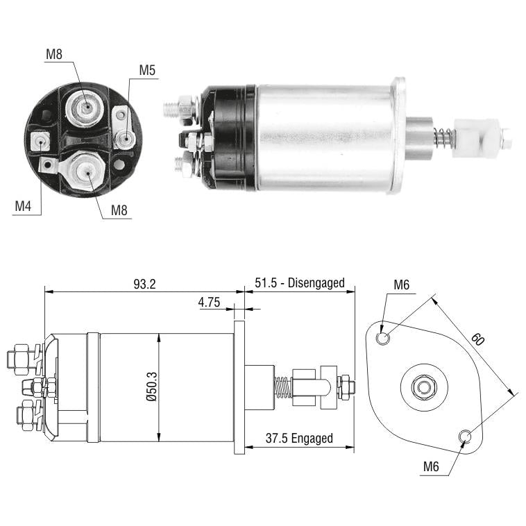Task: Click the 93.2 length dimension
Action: [144, 284]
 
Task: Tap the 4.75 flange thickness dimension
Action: [209, 303]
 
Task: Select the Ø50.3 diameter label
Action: [152, 387]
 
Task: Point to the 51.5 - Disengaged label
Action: [300, 283]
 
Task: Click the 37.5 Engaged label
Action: [299, 438]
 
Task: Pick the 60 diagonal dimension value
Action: [477, 339]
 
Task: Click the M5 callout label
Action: [147, 70]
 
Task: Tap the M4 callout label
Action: [23, 206]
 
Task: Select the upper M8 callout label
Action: [54, 54]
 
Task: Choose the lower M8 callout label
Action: [119, 210]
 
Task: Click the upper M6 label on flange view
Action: [402, 285]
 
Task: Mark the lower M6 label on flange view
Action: [431, 466]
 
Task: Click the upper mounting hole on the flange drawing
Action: [383, 338]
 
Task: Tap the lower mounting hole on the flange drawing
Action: [465, 436]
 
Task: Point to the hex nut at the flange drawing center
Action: [425, 387]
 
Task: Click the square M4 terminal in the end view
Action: [40, 142]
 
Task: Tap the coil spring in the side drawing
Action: [283, 387]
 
